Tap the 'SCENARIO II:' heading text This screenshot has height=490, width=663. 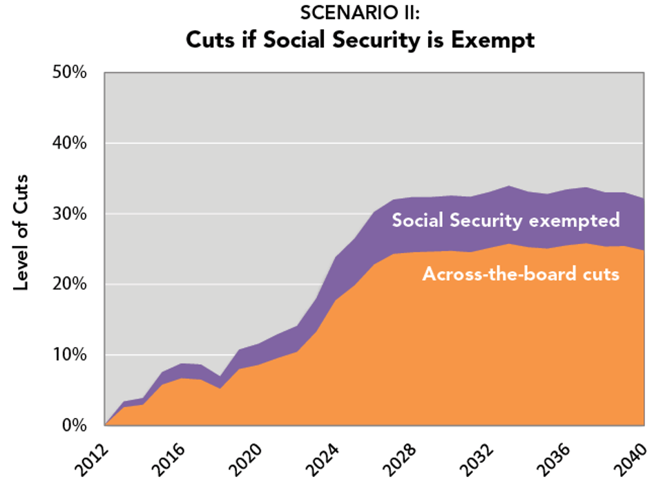point(359,13)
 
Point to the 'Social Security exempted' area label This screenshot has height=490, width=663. point(506,220)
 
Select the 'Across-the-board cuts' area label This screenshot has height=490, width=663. point(521,274)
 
